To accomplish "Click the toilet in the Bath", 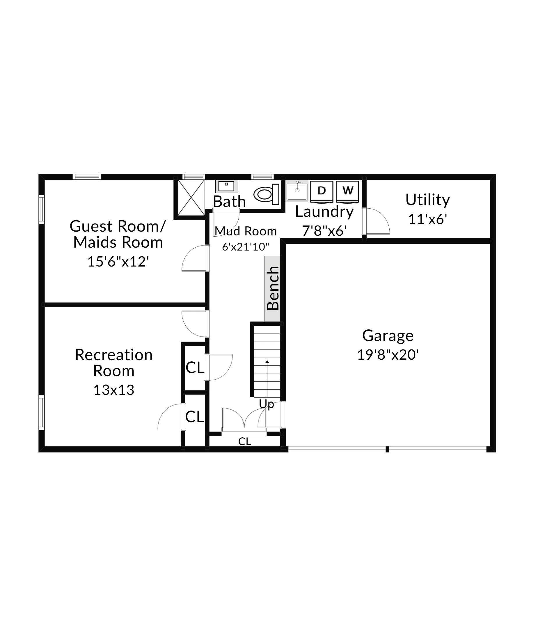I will coord(266,194).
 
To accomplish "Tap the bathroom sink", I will coord(226,186).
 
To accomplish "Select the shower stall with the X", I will coord(191,198).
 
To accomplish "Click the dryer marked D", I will coord(322,191).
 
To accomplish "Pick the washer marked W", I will coord(348,191).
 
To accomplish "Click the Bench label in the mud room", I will coord(273,288).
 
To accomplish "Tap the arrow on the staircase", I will coord(267,362).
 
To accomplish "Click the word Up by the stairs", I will coord(267,404).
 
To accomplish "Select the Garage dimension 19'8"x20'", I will coord(388,355).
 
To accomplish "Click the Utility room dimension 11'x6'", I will coord(427,219).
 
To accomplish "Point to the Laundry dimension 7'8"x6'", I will coord(324,231).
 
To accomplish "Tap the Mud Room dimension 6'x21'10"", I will coord(246,247).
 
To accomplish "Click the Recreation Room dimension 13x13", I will coord(114,390).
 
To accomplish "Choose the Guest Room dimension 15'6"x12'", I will coord(118,262).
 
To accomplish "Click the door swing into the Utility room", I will coord(376,222).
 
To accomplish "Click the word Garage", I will coord(388,336).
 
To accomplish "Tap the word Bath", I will coord(230,202).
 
